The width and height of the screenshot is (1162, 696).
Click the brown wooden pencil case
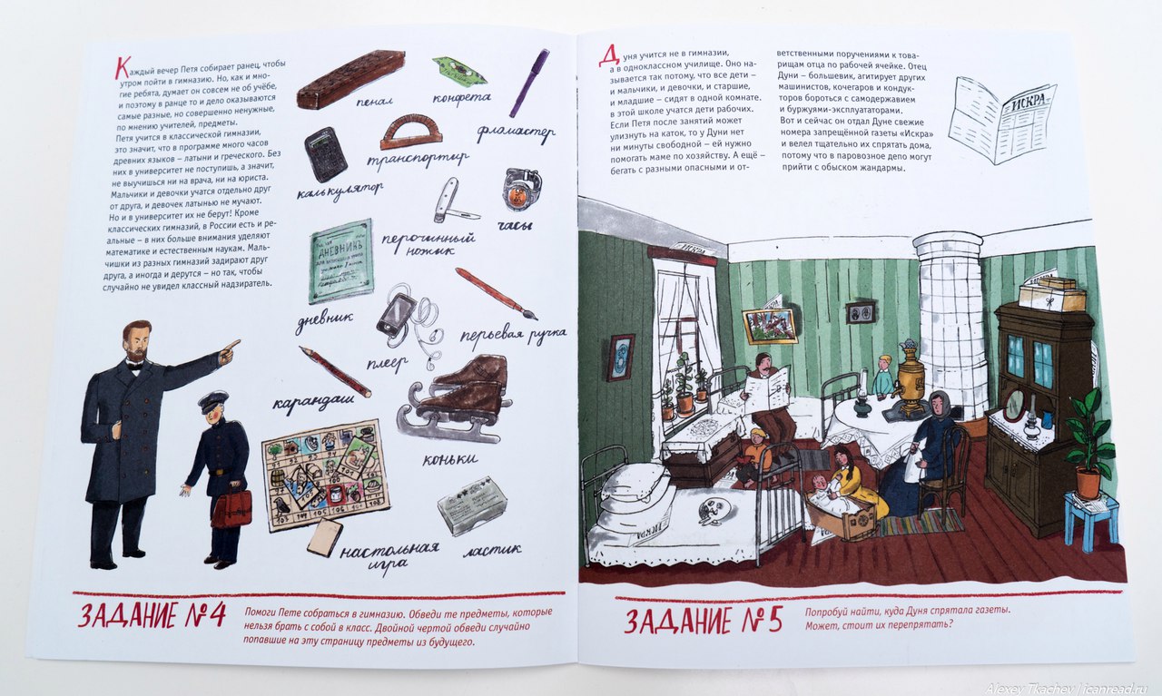point(350,79)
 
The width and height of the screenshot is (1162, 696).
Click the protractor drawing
point(411,132)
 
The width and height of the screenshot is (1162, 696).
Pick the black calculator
point(325,154)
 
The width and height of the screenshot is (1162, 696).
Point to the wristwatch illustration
point(522,188)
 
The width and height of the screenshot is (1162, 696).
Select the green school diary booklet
point(340,260)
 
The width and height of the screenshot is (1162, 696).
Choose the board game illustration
point(325,475)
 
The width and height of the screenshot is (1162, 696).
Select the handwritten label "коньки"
point(449,458)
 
